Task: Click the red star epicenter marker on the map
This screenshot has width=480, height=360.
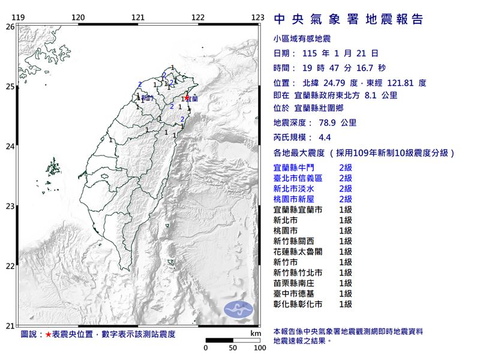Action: click(x=187, y=98)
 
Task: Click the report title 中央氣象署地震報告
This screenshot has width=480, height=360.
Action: click(x=349, y=20)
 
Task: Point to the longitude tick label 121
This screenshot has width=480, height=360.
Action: click(x=139, y=17)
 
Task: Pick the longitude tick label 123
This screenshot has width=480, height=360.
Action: click(x=258, y=17)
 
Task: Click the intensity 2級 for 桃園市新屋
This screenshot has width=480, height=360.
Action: click(x=346, y=199)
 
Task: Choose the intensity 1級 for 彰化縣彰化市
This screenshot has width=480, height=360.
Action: click(x=346, y=305)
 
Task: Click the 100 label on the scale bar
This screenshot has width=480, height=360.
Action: click(x=259, y=347)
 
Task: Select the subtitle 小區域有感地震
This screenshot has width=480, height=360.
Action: click(x=302, y=39)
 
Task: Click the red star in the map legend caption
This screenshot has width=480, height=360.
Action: click(x=49, y=334)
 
